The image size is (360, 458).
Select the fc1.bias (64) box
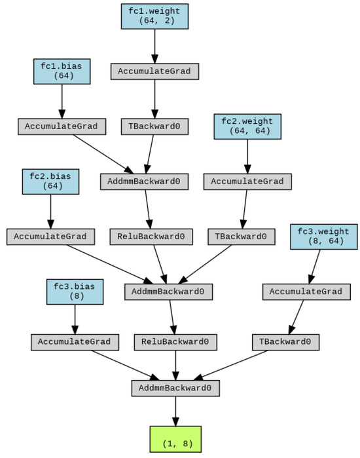[x=62, y=71]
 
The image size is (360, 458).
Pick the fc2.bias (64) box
[x=50, y=181]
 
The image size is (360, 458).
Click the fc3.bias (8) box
[x=75, y=292]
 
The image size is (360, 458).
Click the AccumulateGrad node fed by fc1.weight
[x=154, y=71]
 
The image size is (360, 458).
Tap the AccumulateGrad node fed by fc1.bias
[x=62, y=126]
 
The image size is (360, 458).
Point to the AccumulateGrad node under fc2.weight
[x=247, y=181]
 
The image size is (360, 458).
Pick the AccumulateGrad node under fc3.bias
[x=75, y=342]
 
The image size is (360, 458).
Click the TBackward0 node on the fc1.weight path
[x=154, y=126]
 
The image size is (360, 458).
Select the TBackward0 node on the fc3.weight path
[x=285, y=342]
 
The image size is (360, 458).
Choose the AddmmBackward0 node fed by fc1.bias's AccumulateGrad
[x=144, y=181]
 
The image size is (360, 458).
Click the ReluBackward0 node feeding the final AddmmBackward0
[x=175, y=342]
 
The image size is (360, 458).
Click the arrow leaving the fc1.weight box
[x=154, y=46]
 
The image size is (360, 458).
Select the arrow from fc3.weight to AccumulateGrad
[x=316, y=266]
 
